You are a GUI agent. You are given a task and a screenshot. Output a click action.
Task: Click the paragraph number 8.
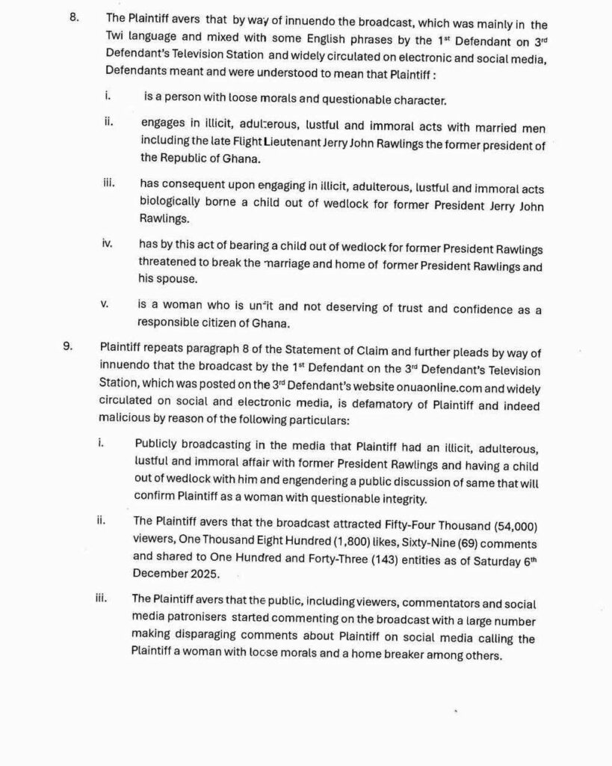tap(74, 16)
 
